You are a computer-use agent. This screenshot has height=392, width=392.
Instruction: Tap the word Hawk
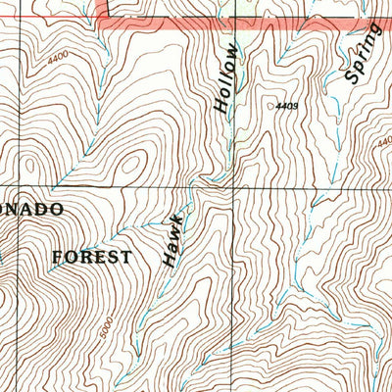tap(173, 239)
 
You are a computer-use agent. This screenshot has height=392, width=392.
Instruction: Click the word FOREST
tap(91, 257)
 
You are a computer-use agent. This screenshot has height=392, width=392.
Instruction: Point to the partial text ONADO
tap(31, 209)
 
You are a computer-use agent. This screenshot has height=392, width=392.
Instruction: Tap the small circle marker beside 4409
tap(270, 101)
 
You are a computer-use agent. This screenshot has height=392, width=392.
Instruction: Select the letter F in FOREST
tap(57, 257)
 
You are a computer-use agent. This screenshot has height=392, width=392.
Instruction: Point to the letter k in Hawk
tap(177, 218)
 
